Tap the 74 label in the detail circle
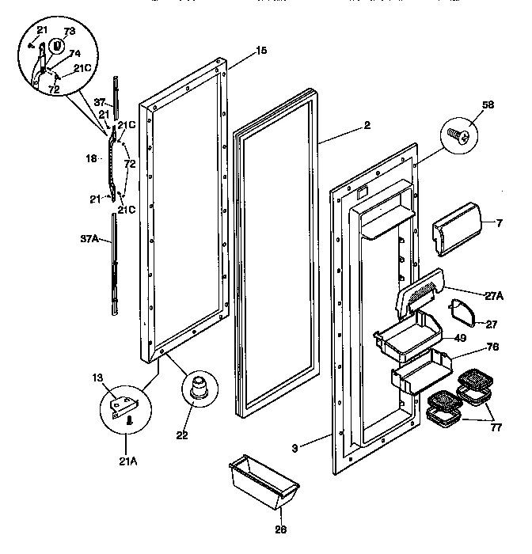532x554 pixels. [75, 54]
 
